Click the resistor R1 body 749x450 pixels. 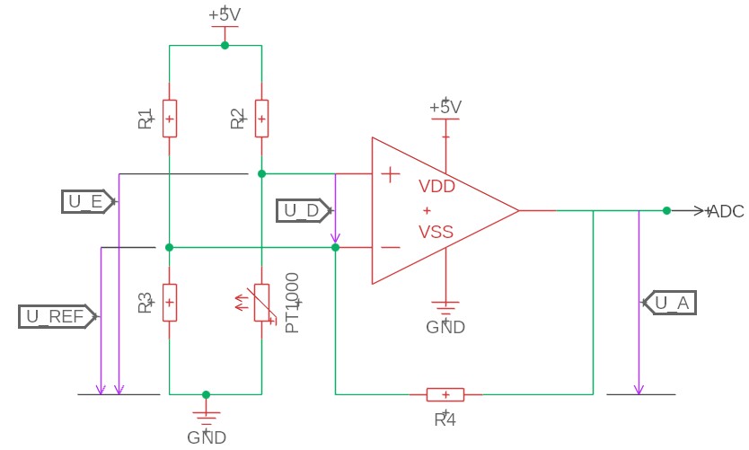170,119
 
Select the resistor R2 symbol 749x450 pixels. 261,119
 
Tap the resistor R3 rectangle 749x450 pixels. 170,303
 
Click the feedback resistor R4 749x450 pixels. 445,394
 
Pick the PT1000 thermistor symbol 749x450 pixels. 261,303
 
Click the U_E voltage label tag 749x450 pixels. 89,201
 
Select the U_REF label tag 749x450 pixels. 58,316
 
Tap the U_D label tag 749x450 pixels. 304,211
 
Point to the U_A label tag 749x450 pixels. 669,303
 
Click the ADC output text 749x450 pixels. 726,211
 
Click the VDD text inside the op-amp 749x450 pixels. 436,186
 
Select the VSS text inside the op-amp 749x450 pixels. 436,232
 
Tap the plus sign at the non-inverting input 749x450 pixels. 391,174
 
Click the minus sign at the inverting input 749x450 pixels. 391,247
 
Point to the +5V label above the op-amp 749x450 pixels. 445,107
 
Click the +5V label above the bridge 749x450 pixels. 225,14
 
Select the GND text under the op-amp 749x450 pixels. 445,327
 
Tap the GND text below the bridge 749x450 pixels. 207,437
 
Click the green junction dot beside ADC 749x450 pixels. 667,211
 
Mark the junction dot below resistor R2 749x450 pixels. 261,174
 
